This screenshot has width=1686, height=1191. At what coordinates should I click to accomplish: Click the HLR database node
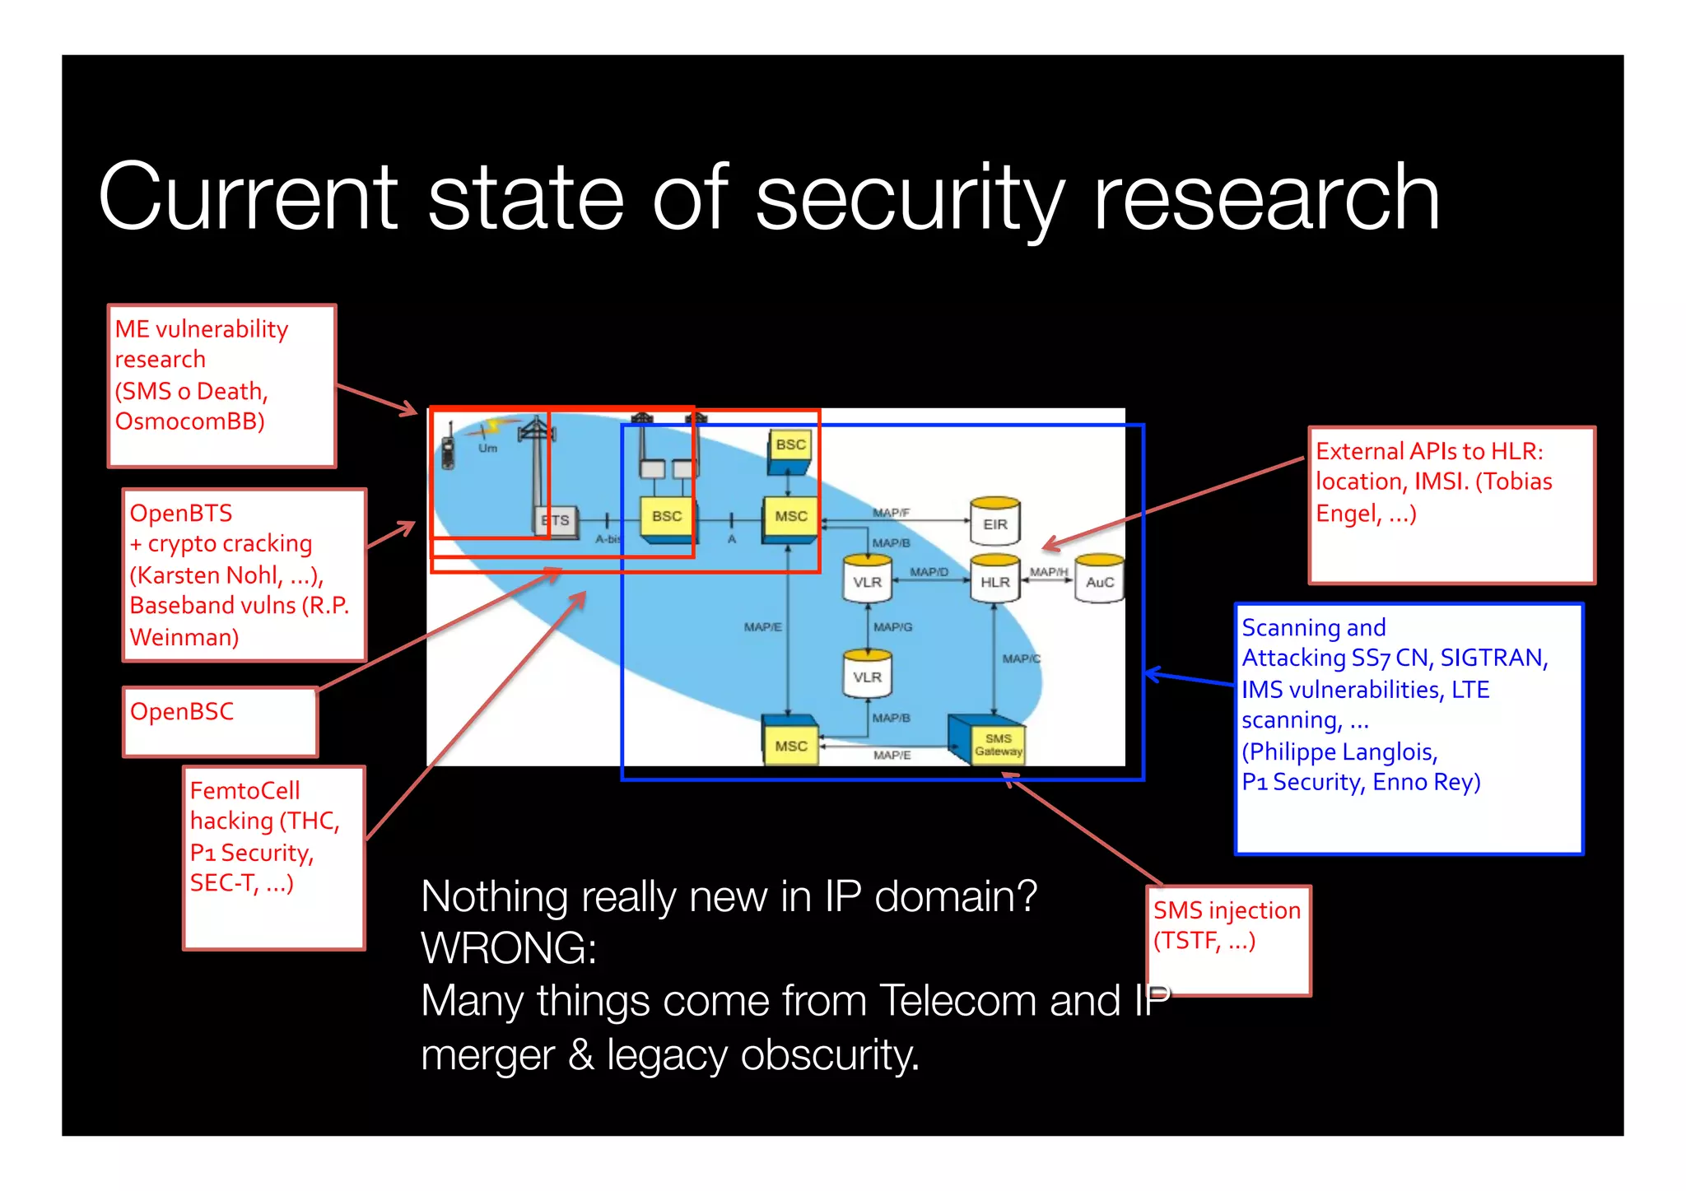tap(994, 581)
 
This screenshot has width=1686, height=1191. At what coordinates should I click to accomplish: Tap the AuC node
tap(1099, 581)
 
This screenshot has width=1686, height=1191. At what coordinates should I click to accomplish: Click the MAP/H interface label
tap(1048, 571)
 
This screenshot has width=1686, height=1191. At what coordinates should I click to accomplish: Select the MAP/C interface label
tap(1021, 658)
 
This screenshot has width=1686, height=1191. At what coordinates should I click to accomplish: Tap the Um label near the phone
tap(487, 449)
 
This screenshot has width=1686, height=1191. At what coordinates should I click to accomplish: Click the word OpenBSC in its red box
tap(182, 711)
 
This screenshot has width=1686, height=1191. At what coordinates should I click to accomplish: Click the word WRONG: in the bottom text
tap(509, 948)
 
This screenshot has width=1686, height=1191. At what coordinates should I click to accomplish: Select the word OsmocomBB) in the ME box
tap(189, 421)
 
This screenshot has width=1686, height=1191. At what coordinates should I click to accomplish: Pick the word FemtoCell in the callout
tap(245, 790)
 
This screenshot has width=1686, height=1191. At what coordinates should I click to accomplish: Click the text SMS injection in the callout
tap(1226, 910)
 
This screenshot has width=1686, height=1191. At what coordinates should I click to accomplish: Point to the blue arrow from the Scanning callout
tap(1190, 677)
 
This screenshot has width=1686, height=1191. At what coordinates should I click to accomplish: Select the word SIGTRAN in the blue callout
tap(1493, 658)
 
